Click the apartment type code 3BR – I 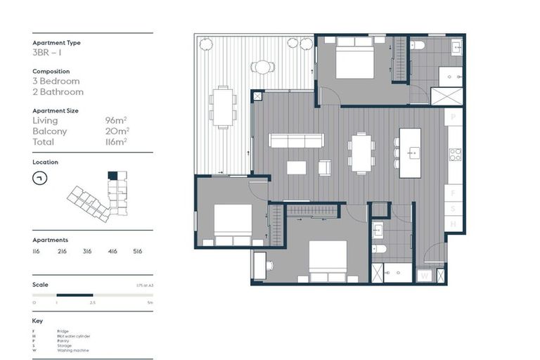(47, 53)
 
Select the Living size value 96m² (116, 121)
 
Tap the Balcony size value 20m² (117, 131)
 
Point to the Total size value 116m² (116, 141)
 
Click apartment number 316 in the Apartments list (87, 250)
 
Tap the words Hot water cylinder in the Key (73, 336)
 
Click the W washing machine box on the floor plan (425, 276)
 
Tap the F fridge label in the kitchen (454, 191)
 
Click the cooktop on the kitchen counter (454, 154)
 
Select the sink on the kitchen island (411, 150)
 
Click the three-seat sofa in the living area (296, 141)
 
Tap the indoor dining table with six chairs (362, 153)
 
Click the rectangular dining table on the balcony (223, 107)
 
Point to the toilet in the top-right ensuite (418, 46)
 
